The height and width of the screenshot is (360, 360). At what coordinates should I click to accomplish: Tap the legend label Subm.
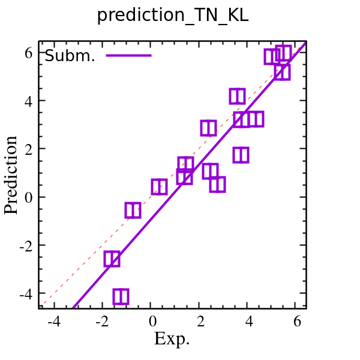(70, 56)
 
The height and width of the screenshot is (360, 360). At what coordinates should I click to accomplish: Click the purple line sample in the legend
(128, 56)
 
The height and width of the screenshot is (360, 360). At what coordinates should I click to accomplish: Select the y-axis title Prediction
(11, 175)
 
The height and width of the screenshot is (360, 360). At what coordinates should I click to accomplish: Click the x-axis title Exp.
(172, 339)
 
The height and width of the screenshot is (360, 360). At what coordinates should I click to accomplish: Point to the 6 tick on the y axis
(28, 53)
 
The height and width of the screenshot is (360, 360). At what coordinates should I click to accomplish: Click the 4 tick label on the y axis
(28, 101)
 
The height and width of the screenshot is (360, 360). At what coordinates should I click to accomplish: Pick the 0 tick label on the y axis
(28, 197)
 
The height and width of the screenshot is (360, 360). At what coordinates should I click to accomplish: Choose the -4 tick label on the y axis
(25, 294)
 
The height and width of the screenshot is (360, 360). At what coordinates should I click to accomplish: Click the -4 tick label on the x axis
(53, 322)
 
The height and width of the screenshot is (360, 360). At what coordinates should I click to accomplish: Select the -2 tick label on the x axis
(102, 322)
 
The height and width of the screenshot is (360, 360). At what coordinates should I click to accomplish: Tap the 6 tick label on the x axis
(298, 322)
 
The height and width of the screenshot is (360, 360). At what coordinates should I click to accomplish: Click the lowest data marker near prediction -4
(121, 296)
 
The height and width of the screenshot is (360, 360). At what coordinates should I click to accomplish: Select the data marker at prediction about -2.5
(112, 259)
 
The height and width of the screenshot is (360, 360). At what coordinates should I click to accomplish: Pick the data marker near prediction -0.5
(133, 210)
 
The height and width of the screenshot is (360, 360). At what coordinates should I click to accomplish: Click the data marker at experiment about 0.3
(159, 187)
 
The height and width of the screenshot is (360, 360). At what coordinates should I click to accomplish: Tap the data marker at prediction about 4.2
(237, 96)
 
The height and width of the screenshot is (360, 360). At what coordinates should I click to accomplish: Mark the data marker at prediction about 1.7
(241, 155)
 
